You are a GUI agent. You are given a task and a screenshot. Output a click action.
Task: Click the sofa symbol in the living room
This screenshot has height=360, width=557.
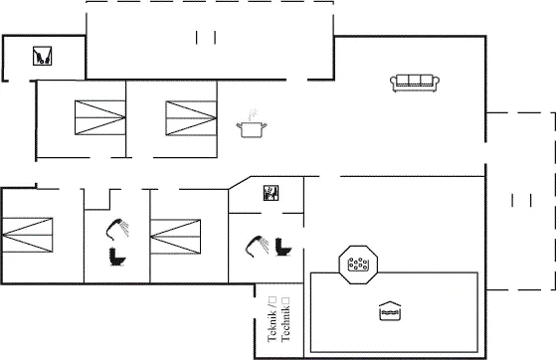[x=415, y=84]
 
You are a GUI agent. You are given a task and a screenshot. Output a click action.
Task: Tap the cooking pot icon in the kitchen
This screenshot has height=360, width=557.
[x=252, y=129]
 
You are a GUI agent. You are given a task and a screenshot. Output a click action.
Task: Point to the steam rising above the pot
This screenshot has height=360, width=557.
[x=252, y=114]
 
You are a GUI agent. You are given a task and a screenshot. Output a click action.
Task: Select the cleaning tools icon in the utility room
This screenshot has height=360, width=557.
[x=42, y=56]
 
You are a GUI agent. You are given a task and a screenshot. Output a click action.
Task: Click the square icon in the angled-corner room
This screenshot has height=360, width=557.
[x=271, y=193]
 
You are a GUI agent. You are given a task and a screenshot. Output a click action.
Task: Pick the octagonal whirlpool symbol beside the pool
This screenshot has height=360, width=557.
[x=358, y=265]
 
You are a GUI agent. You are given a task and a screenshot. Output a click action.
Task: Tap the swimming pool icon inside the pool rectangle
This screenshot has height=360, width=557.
[x=390, y=311]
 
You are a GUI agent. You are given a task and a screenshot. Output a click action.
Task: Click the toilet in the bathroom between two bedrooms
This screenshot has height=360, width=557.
[x=117, y=257]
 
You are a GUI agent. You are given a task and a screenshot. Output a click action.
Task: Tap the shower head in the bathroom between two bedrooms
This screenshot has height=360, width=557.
[x=117, y=229]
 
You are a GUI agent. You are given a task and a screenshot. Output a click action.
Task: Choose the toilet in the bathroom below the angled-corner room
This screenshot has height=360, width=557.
[x=283, y=247]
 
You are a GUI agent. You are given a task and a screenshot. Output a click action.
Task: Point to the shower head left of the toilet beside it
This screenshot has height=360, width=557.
[x=257, y=246]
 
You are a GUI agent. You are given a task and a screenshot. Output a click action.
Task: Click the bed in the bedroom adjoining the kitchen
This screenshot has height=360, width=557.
[x=191, y=118]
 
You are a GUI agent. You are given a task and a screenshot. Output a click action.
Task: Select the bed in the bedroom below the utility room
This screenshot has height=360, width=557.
[x=100, y=117]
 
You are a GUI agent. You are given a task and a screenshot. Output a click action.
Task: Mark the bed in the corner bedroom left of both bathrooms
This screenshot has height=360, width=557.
[x=27, y=235]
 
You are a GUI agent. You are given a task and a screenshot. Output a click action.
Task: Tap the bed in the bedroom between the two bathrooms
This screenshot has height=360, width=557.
[x=175, y=237]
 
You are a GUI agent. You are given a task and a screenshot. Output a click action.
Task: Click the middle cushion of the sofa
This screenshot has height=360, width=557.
[x=415, y=81]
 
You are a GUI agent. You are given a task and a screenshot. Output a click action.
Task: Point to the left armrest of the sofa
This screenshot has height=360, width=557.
[x=393, y=82]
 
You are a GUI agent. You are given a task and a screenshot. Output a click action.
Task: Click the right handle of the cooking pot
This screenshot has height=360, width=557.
[x=264, y=125]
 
